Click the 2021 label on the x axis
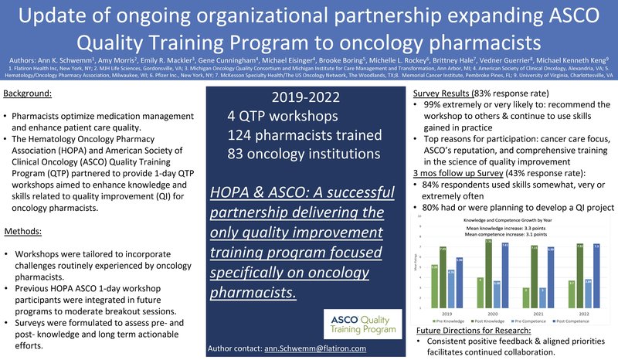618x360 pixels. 514,314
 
